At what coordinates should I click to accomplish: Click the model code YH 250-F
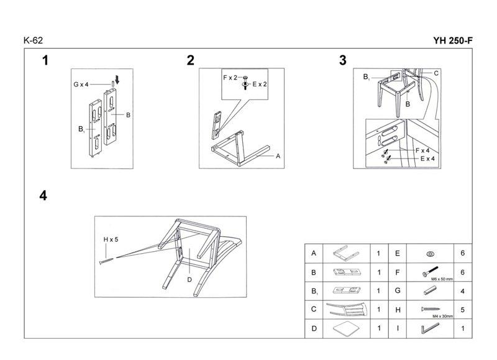point(454,41)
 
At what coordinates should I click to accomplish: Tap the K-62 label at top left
point(33,41)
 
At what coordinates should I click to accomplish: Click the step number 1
point(45,60)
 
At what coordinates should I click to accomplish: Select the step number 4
point(43,195)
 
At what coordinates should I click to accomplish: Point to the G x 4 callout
point(82,83)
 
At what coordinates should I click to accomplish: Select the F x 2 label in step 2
point(230,77)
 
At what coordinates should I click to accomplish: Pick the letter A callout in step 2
point(278,157)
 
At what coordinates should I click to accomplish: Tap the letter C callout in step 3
point(436,73)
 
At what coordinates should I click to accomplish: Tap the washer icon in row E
point(429,254)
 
